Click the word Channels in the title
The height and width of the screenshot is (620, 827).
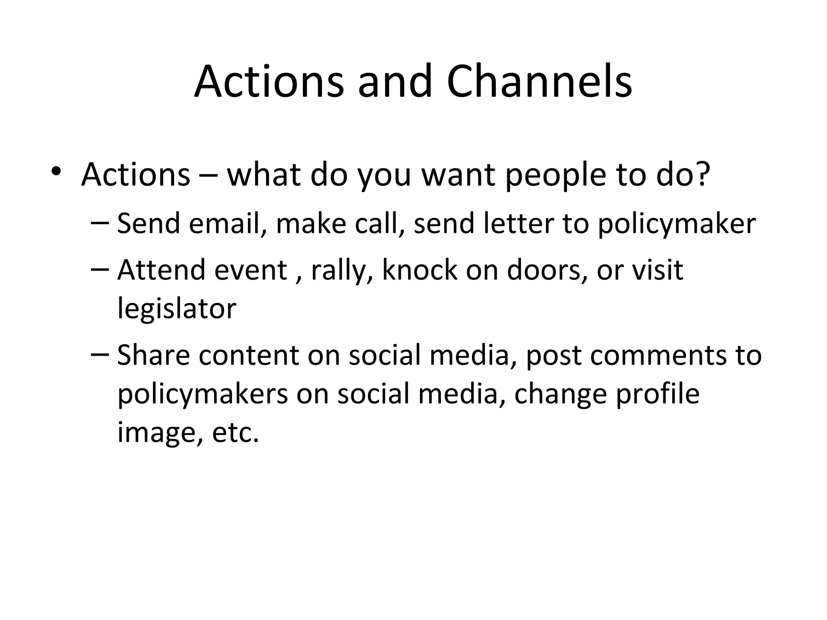[x=539, y=82]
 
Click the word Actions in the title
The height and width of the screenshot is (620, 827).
[x=269, y=82]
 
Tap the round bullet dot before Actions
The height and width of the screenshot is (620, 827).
[x=57, y=171]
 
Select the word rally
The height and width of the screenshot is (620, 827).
[x=338, y=271]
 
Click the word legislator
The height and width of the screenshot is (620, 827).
[x=176, y=309]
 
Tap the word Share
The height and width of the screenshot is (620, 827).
[x=153, y=355]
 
